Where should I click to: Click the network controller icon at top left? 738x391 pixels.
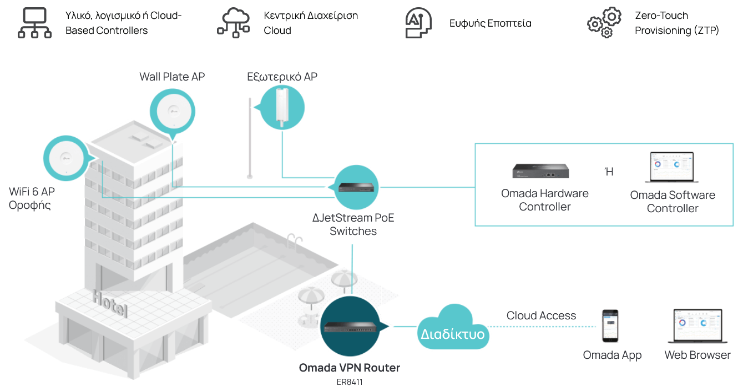[x=34, y=23]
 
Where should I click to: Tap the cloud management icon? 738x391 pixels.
[x=233, y=23]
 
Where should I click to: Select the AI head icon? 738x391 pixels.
[x=418, y=23]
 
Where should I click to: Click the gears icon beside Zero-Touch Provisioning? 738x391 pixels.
[x=604, y=22]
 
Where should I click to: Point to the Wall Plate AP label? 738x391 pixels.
[x=172, y=77]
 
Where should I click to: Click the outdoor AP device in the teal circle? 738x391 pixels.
[x=282, y=107]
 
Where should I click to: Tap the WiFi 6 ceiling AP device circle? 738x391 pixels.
[x=66, y=158]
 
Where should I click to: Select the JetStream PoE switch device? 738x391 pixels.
[x=356, y=187]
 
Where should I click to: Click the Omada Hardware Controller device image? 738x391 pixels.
[x=540, y=171]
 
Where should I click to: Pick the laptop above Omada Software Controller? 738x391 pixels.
[x=672, y=167]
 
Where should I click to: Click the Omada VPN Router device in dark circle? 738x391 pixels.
[x=350, y=327]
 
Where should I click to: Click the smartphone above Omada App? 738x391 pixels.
[x=610, y=326]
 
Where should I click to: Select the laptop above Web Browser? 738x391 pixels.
[x=697, y=326]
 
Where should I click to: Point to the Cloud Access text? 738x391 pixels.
[x=541, y=315]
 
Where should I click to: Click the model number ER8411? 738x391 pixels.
[x=350, y=382]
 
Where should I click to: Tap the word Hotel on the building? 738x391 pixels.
[x=110, y=303]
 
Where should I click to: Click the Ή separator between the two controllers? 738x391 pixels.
[x=609, y=172]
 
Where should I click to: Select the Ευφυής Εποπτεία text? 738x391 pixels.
[x=491, y=23]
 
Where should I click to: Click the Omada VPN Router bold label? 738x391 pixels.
[x=349, y=368]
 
